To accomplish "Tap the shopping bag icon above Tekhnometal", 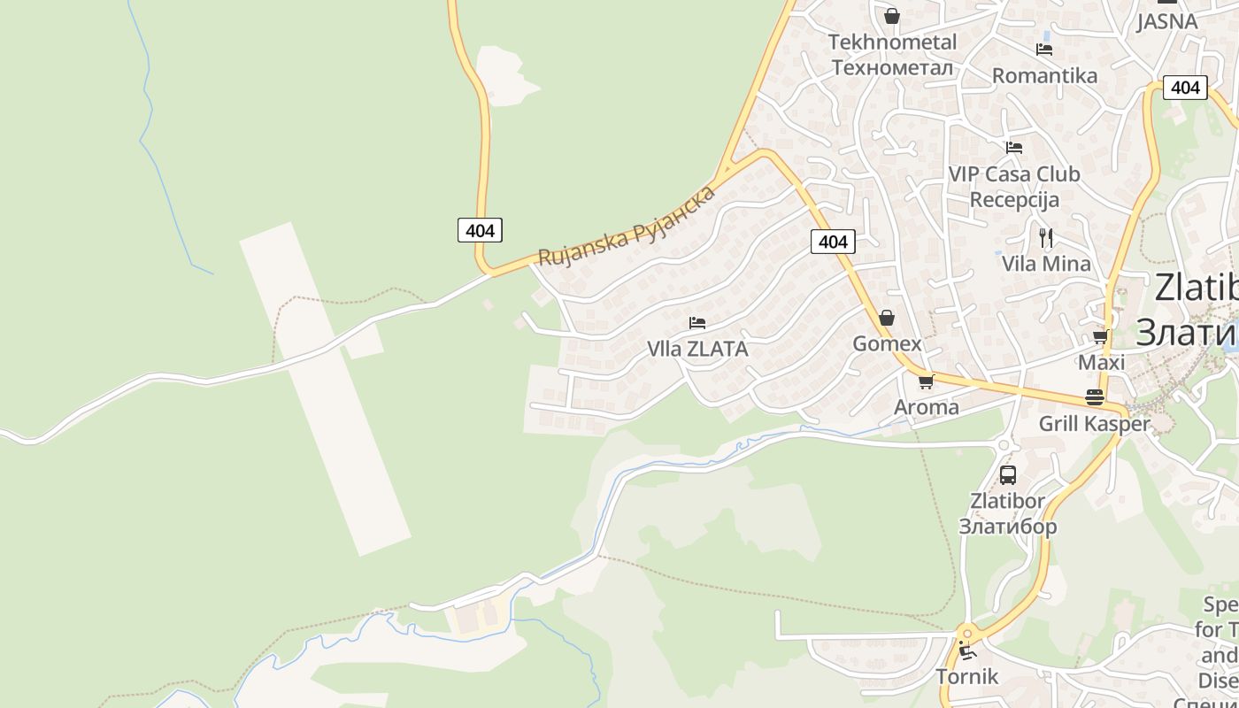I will (x=892, y=16).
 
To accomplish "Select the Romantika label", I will (x=1044, y=75).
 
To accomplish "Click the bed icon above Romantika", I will (x=1044, y=50).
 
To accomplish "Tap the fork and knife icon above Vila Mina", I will (x=1046, y=237).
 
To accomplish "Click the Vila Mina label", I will (x=1046, y=263).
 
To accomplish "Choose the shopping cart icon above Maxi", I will (x=1101, y=337).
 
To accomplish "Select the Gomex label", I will (x=887, y=343).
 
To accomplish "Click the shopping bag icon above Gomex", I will (x=887, y=318).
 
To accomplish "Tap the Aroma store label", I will (x=927, y=407).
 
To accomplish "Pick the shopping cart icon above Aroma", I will (x=927, y=381).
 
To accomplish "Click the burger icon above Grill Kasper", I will (x=1095, y=397).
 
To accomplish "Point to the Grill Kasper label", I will (x=1094, y=424).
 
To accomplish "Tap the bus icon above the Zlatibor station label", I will (x=1008, y=475).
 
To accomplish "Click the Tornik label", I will (x=967, y=677).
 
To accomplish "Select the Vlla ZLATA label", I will (x=697, y=349).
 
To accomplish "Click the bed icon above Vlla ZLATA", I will (x=697, y=323).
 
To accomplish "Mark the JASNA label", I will (x=1166, y=21).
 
